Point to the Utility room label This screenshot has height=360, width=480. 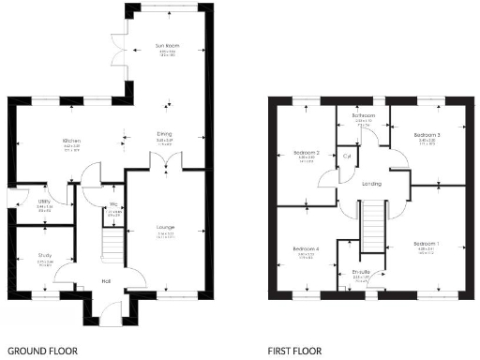(44, 201)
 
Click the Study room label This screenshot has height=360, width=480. (44, 255)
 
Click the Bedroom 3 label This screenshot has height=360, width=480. (427, 136)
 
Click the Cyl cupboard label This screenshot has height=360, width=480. (347, 157)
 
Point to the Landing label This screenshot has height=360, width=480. (371, 184)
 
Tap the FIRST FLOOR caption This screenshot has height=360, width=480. (295, 352)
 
